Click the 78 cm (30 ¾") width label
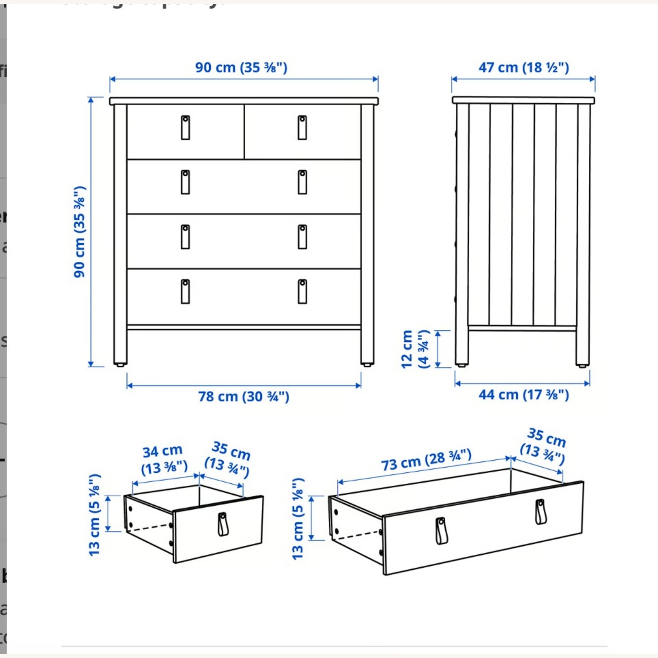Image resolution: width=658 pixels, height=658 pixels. coord(243,397)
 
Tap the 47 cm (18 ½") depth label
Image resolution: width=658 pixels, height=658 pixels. coord(523,68)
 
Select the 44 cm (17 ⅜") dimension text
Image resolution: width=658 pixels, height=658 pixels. coord(523,395)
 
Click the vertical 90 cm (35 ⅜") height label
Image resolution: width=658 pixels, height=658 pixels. coord(79,232)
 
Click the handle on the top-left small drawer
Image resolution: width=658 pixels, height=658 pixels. coord(186,128)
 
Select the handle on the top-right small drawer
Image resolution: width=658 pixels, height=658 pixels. coord(302,128)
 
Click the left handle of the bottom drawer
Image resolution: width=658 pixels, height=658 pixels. coord(186,292)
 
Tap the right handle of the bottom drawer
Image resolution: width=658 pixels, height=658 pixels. coord(302,292)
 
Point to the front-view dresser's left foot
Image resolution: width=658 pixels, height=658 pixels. coord(120,364)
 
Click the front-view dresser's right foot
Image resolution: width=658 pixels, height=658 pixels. coord(367,364)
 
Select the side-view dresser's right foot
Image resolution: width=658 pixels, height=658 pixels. coord(582,365)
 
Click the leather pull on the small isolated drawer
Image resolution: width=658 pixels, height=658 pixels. coord(223,524)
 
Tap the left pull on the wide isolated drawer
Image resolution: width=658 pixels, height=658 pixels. coord(441,531)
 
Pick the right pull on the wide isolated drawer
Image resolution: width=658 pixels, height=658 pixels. coord(541,512)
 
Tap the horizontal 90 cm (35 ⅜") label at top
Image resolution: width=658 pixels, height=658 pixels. coord(241,68)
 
